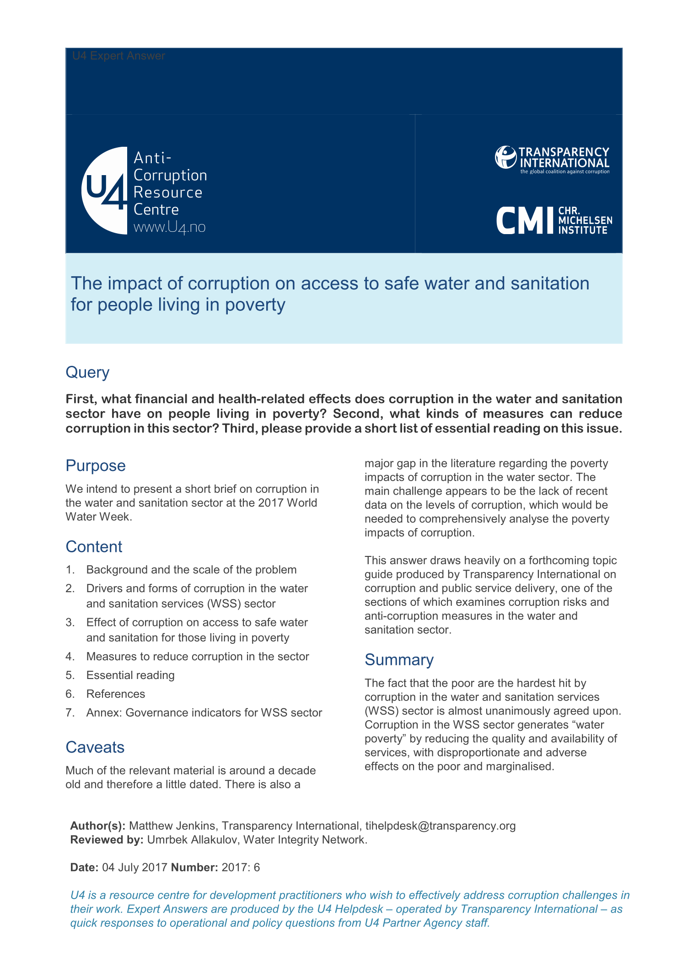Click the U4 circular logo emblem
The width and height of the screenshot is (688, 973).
(105, 191)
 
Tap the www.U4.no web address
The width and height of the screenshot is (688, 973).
(169, 227)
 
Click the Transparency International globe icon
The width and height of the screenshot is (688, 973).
(505, 157)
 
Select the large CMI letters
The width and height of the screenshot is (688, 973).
(525, 220)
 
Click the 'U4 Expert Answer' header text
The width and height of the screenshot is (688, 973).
(118, 56)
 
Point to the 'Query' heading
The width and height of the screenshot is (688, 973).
(87, 372)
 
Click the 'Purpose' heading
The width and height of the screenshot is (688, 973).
(95, 465)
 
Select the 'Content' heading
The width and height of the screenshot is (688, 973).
(94, 546)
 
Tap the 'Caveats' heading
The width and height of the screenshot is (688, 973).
(95, 747)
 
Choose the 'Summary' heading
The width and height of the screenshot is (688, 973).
(398, 660)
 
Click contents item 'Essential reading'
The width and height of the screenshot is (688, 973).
(130, 675)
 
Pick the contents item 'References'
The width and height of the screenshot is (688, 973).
(116, 694)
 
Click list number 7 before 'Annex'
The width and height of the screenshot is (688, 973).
(70, 712)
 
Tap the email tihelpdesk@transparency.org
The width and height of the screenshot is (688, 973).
(440, 826)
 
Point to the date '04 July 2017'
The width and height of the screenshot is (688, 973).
(134, 867)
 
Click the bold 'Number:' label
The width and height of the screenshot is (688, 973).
(194, 867)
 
